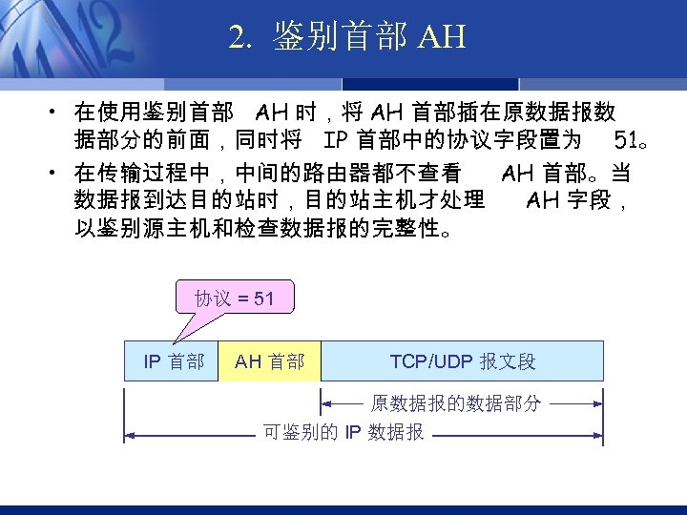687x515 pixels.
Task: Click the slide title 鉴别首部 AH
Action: point(347,37)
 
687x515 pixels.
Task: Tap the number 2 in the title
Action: point(237,37)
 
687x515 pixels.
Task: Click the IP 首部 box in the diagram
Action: point(173,361)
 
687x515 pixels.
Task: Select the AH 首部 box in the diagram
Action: point(269,361)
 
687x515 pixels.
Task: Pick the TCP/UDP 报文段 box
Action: point(463,361)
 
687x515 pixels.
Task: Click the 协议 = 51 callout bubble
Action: point(234,299)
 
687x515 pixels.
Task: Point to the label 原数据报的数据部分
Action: point(456,403)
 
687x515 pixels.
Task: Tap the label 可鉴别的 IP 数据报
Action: point(343,433)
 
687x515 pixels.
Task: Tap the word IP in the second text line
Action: point(336,142)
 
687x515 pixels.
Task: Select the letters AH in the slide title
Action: point(441,37)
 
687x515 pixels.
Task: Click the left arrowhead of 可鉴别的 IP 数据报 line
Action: point(130,435)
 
